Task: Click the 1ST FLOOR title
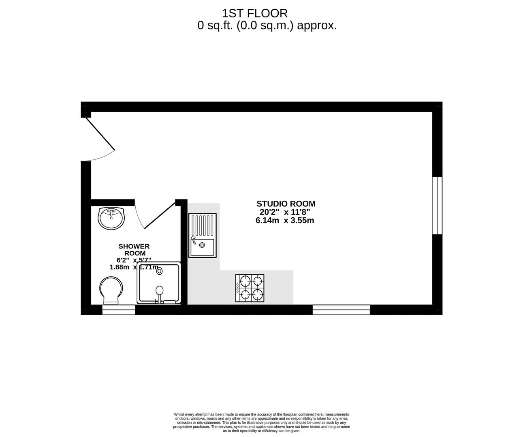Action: tap(254, 13)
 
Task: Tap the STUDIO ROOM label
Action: tap(286, 204)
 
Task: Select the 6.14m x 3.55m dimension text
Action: tap(285, 221)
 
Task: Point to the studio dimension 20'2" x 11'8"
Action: tap(285, 212)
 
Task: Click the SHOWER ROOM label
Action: tap(134, 250)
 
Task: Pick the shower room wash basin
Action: tap(111, 218)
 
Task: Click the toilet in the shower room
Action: tap(111, 291)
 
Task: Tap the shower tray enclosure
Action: tap(159, 283)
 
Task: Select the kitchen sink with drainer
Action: tap(203, 235)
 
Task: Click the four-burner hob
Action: tap(250, 288)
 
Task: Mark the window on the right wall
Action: tap(437, 206)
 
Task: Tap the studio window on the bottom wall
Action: tap(341, 310)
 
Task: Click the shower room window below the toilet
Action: tap(118, 310)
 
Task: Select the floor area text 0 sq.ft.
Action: tap(267, 25)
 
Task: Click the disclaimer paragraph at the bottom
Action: tap(261, 422)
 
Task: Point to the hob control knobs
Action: tap(237, 288)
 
